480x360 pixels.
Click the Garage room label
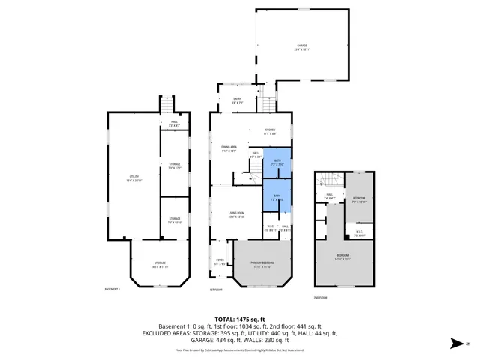301,47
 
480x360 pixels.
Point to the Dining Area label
229,149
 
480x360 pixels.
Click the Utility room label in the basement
133,178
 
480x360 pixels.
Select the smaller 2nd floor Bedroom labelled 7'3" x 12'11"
359,200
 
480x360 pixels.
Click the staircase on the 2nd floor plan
327,181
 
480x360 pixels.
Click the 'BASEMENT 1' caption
113,290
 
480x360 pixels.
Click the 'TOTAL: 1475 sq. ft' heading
239,319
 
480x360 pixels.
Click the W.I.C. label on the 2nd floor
359,232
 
